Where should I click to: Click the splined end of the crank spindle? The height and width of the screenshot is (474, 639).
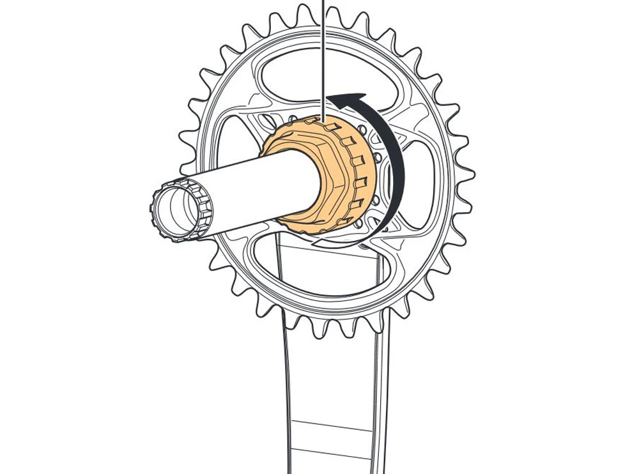click(173, 211)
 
